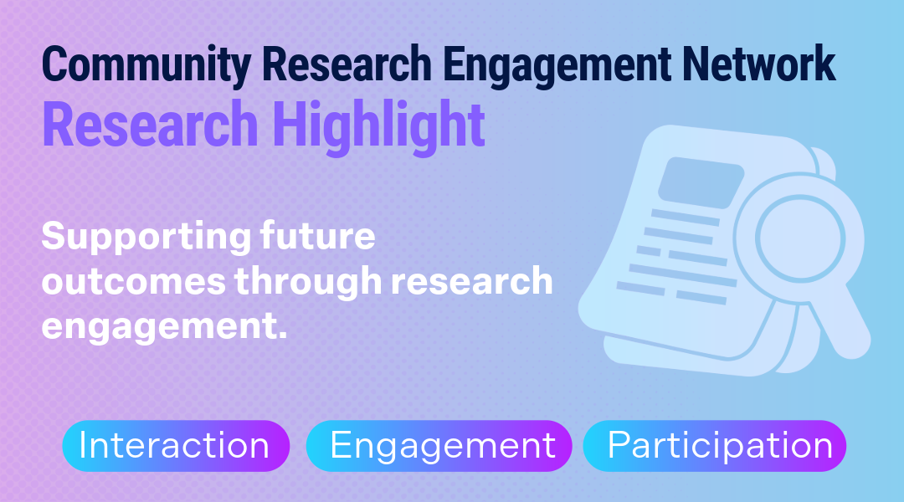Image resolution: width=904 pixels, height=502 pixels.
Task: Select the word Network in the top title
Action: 758,64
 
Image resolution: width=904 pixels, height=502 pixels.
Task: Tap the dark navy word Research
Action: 347,64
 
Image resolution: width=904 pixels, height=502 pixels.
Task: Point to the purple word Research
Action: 150,125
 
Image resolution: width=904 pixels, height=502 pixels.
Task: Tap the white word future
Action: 318,236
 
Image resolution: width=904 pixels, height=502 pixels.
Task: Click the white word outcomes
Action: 133,281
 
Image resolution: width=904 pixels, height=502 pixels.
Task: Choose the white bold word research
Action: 471,281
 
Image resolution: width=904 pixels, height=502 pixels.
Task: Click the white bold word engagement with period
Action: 164,327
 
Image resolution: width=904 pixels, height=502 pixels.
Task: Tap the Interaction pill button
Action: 176,446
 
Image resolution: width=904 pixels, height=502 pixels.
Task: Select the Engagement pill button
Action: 439,446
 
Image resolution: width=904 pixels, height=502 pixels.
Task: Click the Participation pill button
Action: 715,446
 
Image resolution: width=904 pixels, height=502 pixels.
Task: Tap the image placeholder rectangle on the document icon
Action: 701,182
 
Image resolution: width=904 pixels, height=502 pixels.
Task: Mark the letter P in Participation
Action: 619,444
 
